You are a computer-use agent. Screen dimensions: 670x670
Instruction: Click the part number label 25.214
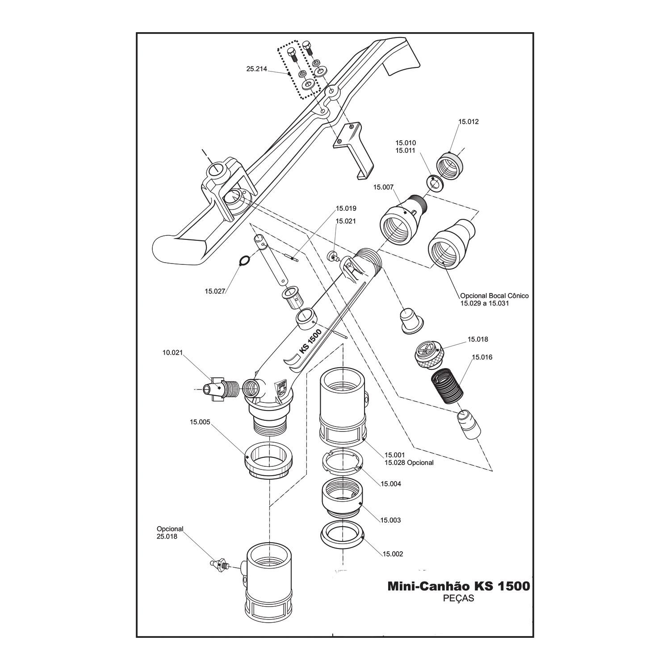click(256, 69)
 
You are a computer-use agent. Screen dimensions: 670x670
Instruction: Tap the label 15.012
click(469, 121)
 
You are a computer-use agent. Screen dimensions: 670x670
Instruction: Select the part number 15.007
click(383, 188)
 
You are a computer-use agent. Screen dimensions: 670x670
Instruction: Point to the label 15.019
click(346, 209)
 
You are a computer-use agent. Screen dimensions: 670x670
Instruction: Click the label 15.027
click(215, 291)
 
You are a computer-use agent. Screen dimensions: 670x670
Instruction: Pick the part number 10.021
click(172, 352)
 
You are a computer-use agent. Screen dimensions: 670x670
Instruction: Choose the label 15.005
click(200, 421)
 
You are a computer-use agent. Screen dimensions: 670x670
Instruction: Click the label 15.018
click(478, 339)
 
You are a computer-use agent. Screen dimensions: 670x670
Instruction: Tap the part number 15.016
click(482, 357)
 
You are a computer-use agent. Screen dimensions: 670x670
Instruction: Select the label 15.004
click(391, 484)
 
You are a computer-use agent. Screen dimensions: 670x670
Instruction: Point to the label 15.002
click(393, 554)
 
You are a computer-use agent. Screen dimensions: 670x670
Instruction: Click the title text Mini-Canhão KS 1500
click(458, 586)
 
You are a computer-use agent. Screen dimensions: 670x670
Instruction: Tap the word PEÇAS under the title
click(458, 599)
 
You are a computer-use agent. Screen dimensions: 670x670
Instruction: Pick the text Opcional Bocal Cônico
click(494, 296)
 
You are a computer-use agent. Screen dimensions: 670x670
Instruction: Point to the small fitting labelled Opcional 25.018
click(219, 565)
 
